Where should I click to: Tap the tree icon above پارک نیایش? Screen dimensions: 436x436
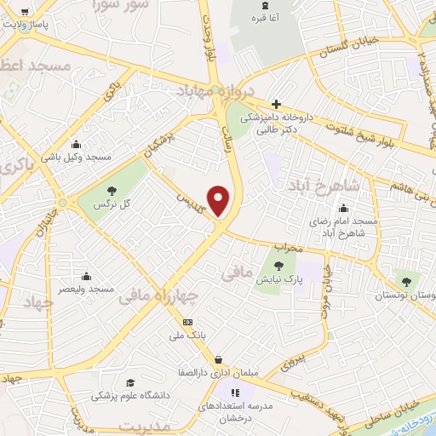click(278, 267)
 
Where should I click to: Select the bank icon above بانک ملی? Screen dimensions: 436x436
click(188, 322)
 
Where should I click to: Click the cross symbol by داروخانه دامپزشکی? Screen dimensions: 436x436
click(276, 104)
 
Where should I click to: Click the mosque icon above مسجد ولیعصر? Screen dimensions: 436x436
click(86, 276)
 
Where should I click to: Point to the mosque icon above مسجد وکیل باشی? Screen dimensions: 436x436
click(77, 143)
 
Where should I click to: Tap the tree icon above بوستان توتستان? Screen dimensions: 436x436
click(407, 281)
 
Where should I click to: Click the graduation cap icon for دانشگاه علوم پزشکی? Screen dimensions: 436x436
click(130, 382)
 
